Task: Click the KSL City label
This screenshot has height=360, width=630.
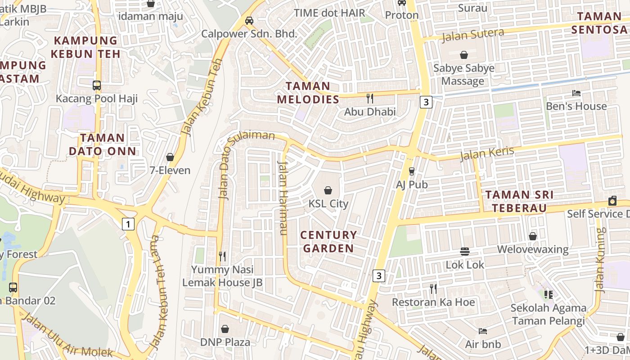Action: (328, 204)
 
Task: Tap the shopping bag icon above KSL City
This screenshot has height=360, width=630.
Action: (328, 190)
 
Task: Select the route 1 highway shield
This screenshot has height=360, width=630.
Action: (128, 224)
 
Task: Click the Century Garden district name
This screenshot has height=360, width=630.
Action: (328, 242)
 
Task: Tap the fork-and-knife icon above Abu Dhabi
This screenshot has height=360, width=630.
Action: (370, 98)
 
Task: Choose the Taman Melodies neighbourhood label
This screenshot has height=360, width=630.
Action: (308, 93)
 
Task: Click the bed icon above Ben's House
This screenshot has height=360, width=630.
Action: (576, 93)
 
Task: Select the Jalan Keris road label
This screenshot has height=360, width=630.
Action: (486, 153)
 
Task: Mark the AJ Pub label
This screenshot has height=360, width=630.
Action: (412, 184)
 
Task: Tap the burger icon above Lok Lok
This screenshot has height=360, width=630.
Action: (465, 252)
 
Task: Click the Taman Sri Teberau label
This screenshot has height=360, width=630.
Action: (519, 201)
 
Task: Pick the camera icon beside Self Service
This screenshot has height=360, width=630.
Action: (612, 201)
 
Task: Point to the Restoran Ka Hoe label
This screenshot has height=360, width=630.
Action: (433, 302)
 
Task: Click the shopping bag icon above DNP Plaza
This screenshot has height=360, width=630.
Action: (225, 329)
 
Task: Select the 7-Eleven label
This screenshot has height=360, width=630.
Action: (170, 171)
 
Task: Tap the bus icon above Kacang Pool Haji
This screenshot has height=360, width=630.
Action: (96, 85)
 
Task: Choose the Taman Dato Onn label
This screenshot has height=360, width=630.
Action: (102, 144)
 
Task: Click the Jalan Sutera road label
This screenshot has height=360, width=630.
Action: (472, 35)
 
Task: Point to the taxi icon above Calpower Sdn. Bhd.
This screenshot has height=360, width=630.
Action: (249, 20)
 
